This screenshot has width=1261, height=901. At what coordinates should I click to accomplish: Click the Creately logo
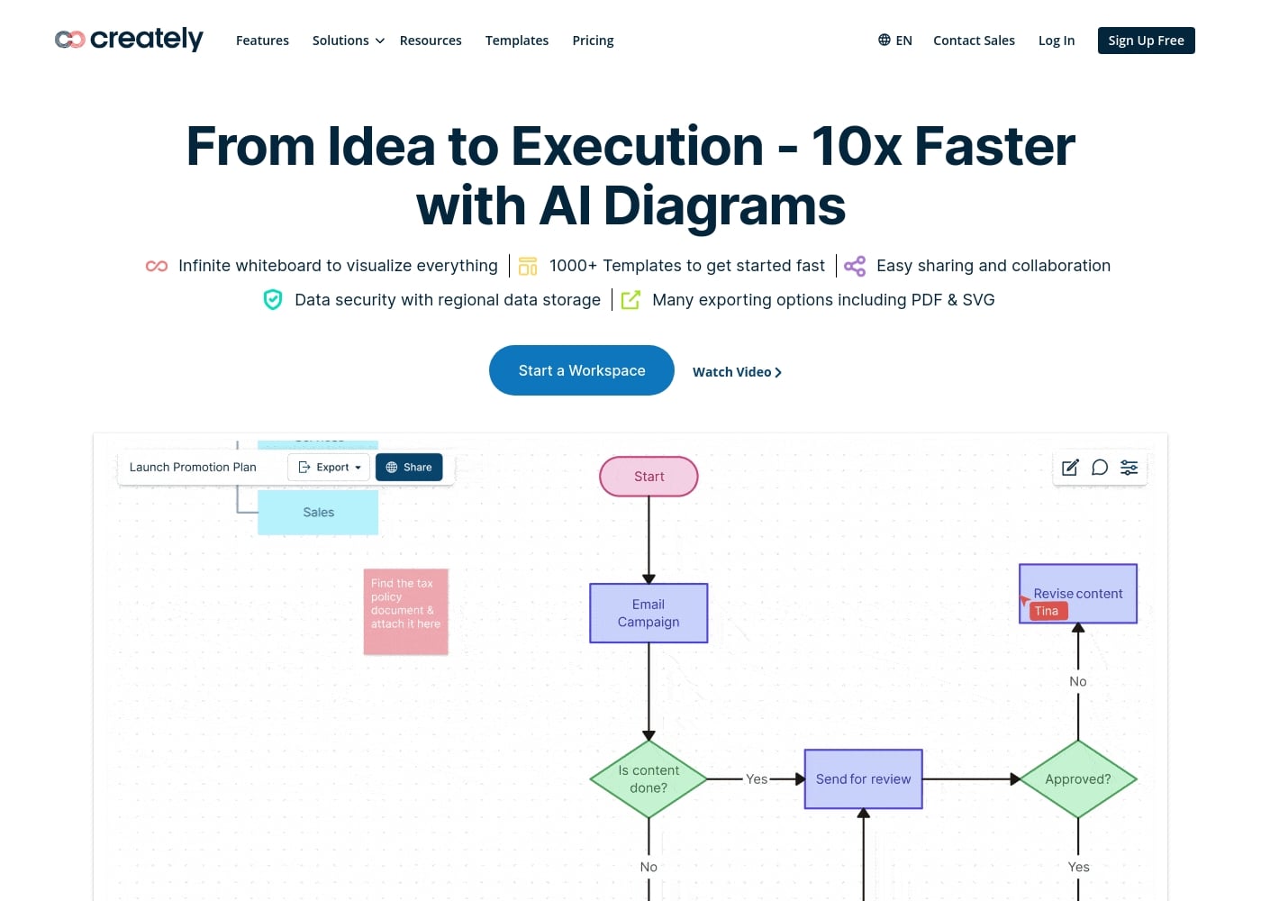[x=129, y=40]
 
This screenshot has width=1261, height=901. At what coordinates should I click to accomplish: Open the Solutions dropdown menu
[x=348, y=41]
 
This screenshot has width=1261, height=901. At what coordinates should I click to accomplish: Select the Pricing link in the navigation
[x=593, y=41]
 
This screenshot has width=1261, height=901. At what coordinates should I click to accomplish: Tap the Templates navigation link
[x=516, y=41]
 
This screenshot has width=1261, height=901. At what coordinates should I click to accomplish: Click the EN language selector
[x=895, y=41]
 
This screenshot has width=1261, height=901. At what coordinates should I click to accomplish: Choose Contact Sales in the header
[x=974, y=41]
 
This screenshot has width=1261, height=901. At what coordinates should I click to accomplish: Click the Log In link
[x=1056, y=41]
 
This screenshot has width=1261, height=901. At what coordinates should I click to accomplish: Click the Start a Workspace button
[x=581, y=370]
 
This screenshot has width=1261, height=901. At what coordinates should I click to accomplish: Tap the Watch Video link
[x=736, y=372]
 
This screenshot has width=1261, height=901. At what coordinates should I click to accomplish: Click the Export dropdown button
[x=330, y=468]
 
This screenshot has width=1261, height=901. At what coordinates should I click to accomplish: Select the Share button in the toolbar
[x=409, y=468]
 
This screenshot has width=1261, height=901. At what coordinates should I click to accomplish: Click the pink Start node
[x=649, y=477]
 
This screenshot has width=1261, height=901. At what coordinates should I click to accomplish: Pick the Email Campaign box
[x=649, y=613]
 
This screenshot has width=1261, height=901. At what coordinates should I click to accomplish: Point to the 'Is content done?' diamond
[x=649, y=779]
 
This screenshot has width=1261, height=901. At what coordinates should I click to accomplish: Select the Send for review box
[x=863, y=779]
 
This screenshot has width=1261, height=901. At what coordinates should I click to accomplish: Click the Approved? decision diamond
[x=1077, y=779]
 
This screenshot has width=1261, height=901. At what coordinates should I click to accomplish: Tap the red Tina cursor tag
[x=1047, y=611]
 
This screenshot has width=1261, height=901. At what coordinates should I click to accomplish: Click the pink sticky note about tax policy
[x=405, y=611]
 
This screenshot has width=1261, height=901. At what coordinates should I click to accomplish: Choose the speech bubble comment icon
[x=1100, y=468]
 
